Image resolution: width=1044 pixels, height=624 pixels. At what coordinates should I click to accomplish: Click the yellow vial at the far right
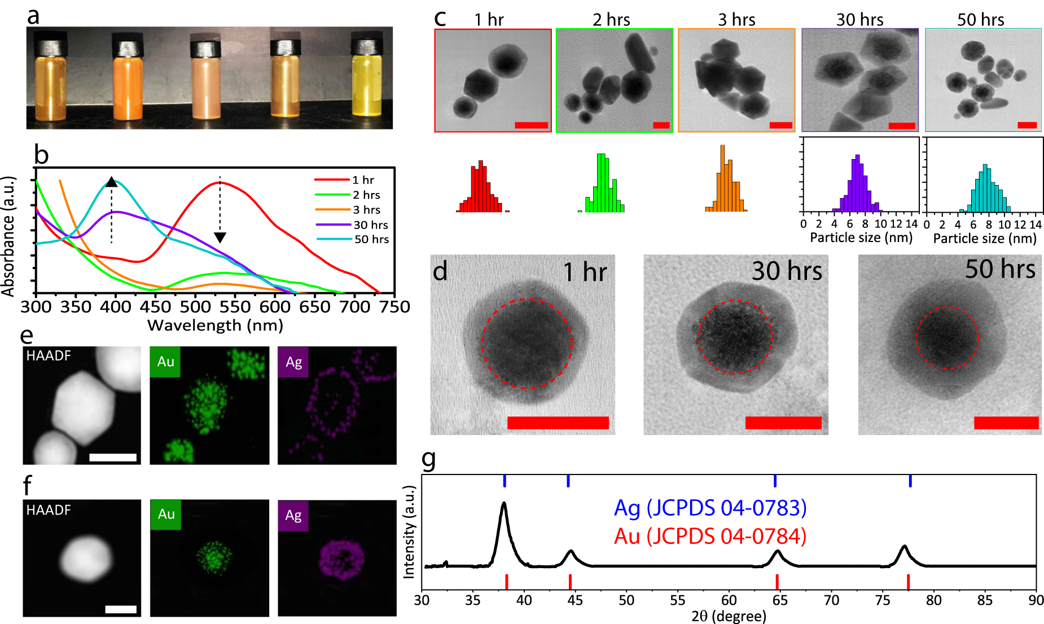[367, 82]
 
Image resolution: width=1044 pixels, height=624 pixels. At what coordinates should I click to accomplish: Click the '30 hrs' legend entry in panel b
[371, 225]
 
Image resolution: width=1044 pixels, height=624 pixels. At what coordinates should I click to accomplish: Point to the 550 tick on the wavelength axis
[235, 307]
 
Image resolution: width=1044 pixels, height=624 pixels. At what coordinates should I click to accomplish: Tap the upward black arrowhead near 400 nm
[112, 182]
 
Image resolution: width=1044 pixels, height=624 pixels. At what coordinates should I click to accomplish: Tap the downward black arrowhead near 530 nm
[220, 238]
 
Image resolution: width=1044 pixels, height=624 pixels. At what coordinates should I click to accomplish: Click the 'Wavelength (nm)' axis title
[215, 326]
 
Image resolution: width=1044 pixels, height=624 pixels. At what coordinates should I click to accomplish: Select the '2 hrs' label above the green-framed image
[611, 20]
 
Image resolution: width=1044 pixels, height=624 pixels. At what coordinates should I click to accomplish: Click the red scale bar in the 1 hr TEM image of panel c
[531, 125]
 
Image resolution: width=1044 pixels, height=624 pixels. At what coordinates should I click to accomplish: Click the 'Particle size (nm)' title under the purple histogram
[861, 238]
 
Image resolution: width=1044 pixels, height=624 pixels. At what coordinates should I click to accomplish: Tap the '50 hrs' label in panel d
[1000, 269]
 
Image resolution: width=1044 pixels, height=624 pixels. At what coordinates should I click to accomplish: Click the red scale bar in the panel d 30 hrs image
[783, 423]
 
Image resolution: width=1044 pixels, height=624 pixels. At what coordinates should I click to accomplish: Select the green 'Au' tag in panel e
[165, 362]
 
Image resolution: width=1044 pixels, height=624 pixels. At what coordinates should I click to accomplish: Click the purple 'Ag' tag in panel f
[293, 516]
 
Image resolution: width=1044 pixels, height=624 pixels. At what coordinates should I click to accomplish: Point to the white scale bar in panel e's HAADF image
[113, 457]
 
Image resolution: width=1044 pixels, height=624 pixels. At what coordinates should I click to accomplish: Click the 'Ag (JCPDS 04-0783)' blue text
[710, 508]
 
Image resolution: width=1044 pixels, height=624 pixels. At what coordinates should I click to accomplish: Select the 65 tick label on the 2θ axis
[780, 600]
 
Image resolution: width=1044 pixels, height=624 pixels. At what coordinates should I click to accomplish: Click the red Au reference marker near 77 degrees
[908, 581]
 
